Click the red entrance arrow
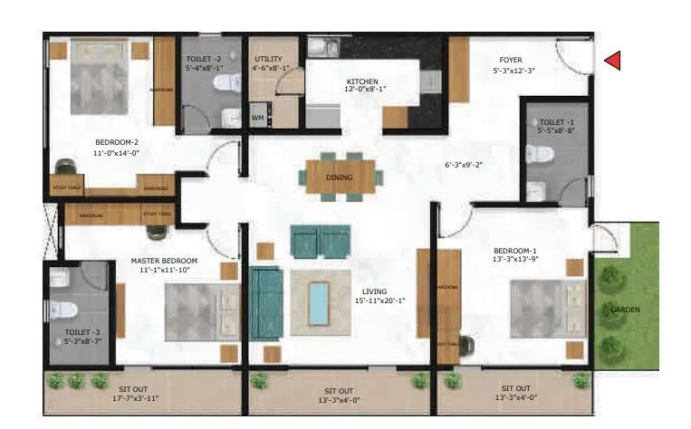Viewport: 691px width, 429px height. pyautogui.click(x=612, y=61)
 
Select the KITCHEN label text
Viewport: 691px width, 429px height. pyautogui.click(x=362, y=81)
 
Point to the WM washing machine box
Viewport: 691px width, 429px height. pyautogui.click(x=257, y=118)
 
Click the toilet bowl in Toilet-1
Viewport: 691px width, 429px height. pyautogui.click(x=539, y=153)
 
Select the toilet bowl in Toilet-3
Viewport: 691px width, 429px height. pyautogui.click(x=62, y=309)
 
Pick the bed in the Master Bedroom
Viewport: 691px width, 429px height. pyautogui.click(x=196, y=312)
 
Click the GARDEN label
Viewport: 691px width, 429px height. pyautogui.click(x=625, y=310)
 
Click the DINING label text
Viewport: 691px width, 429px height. pyautogui.click(x=339, y=177)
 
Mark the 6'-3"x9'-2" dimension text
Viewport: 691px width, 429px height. pyautogui.click(x=464, y=165)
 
